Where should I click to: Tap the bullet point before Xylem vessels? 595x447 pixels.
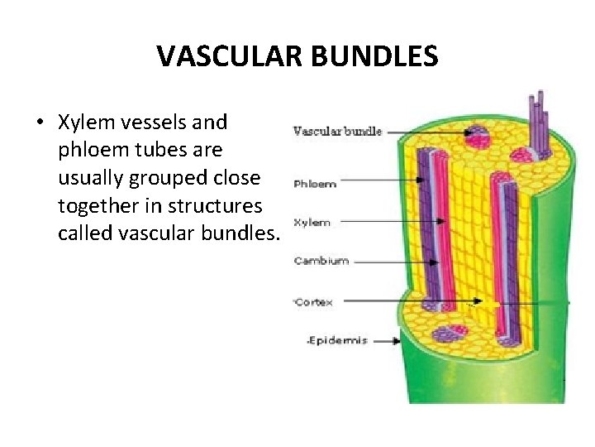40,123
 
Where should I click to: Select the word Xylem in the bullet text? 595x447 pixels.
85,123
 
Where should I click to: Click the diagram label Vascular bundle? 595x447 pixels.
337,132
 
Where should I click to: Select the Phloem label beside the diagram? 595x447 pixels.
315,184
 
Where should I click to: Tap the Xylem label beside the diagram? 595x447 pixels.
312,222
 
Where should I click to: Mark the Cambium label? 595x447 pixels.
321,261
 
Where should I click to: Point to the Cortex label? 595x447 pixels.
315,302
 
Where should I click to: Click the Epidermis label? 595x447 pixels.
338,339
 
